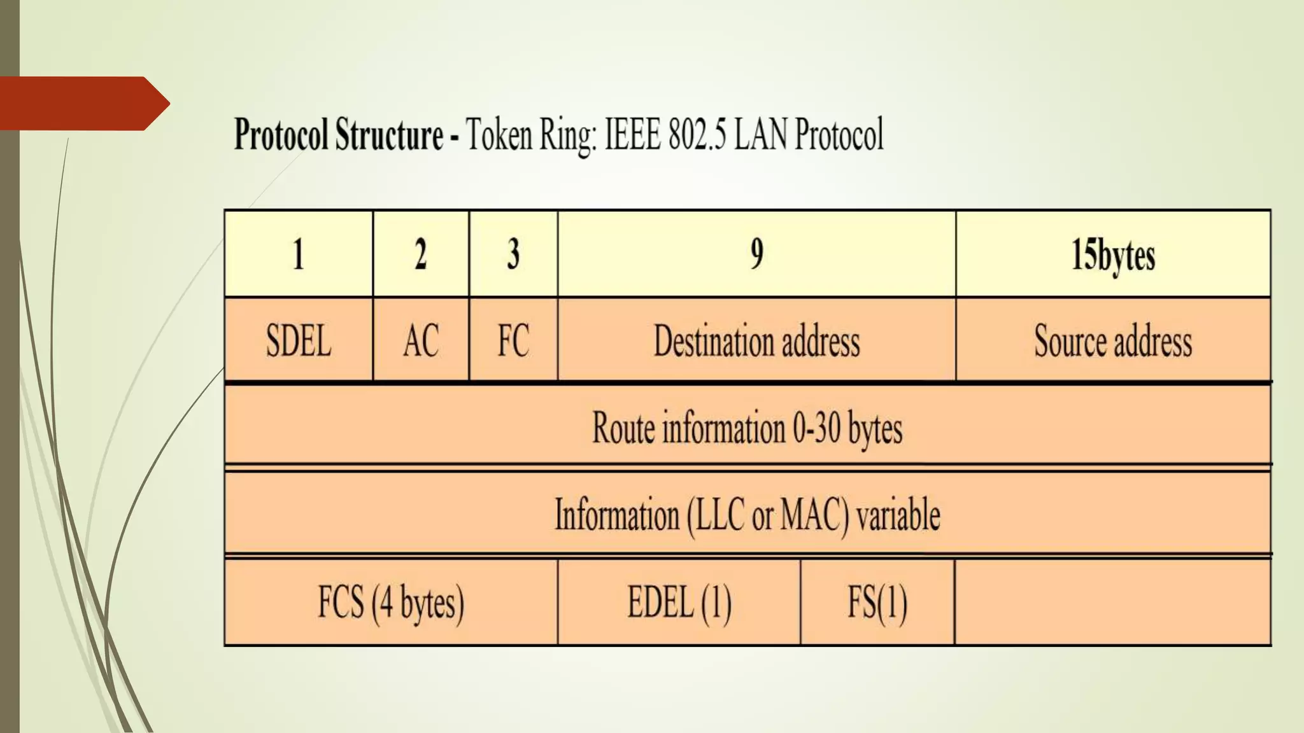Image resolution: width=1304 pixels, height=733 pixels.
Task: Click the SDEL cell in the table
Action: (x=298, y=340)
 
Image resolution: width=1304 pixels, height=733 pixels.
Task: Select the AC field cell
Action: (x=420, y=340)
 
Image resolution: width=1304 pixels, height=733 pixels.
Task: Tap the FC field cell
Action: (x=513, y=340)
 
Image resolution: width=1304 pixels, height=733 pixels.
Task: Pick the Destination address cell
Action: (x=756, y=340)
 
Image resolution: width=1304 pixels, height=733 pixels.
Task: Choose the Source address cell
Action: (x=1112, y=340)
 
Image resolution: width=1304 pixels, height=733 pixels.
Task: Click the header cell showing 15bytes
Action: (x=1112, y=255)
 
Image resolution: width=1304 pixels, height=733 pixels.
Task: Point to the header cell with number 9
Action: (x=756, y=255)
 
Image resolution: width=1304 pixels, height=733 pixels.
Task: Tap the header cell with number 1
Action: (x=298, y=255)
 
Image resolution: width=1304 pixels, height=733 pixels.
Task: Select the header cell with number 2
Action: (x=420, y=255)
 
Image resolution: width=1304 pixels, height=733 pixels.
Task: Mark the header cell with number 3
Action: (x=513, y=255)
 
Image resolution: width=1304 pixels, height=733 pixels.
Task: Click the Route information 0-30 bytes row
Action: (x=748, y=427)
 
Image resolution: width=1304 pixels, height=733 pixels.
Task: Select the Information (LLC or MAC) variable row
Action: (x=748, y=514)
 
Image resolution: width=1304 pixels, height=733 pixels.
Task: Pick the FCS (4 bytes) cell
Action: (x=391, y=602)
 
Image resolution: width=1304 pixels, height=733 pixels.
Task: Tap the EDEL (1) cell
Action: (x=679, y=602)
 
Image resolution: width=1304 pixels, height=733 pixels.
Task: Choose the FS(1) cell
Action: (x=877, y=602)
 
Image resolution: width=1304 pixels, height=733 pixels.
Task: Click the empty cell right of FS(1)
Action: (x=1112, y=602)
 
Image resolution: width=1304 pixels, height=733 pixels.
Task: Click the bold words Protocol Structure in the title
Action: (x=339, y=134)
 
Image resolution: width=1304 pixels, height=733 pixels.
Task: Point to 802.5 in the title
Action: (x=698, y=134)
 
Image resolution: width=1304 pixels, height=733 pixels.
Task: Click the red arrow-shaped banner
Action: (x=83, y=103)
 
